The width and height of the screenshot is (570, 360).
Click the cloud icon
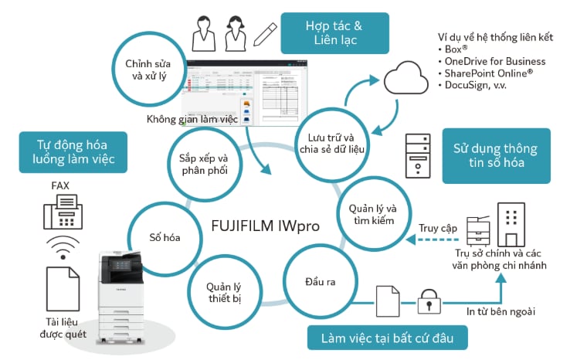point(406,78)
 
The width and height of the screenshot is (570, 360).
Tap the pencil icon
point(265,35)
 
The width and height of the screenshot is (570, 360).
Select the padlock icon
point(429,301)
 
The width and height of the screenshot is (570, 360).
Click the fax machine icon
point(63,212)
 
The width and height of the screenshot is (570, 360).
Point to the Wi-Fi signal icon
point(63,247)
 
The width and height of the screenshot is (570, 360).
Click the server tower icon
point(418,155)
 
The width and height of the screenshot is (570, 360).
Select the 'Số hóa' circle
point(165,238)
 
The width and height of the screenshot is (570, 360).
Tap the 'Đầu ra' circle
point(321,281)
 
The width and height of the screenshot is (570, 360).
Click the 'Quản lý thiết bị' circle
point(225,292)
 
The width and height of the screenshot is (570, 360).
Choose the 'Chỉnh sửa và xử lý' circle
point(148,69)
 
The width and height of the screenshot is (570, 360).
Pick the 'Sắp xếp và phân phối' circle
point(205,164)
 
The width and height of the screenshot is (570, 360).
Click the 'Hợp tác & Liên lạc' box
point(334,33)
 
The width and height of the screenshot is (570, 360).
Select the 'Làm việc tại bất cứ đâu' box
point(388,338)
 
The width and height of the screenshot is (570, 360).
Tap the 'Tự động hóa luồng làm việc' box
point(73,152)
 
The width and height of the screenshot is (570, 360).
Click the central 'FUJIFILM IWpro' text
point(266,226)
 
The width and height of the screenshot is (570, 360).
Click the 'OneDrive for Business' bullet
point(491,61)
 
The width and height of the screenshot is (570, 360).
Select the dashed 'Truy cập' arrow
point(433,239)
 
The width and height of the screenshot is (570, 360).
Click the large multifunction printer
point(121,297)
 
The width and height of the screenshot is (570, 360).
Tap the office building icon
point(511,225)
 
